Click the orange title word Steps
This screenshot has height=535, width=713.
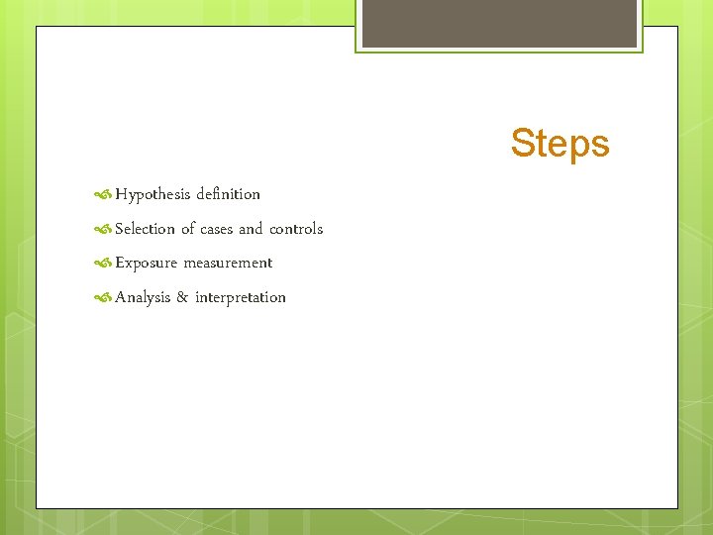tap(560, 144)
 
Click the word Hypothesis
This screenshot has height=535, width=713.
tap(153, 194)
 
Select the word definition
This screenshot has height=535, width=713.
tap(228, 194)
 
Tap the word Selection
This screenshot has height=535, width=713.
tap(145, 229)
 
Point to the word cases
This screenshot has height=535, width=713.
tap(217, 229)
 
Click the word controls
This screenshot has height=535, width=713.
tap(296, 229)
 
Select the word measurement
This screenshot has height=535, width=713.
tap(228, 263)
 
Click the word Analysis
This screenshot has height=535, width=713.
tap(143, 297)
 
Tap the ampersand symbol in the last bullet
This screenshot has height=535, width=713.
tap(182, 297)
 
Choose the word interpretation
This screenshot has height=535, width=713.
tap(241, 297)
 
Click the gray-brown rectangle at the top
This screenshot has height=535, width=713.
tap(499, 23)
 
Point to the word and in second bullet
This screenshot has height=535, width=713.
tap(251, 229)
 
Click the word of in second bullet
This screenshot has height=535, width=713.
tap(188, 229)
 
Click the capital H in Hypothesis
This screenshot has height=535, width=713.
tap(121, 194)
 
